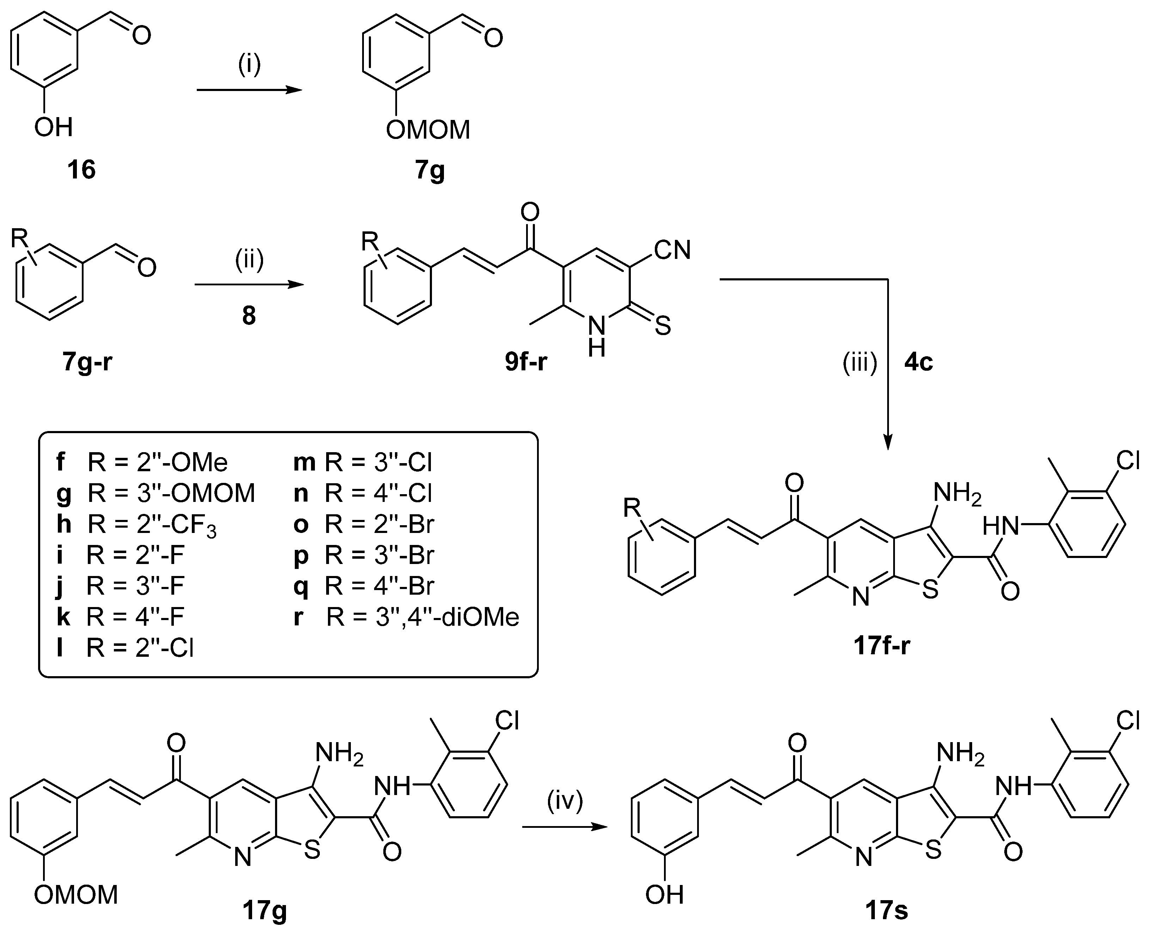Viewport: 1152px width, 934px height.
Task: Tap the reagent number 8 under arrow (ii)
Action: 249,316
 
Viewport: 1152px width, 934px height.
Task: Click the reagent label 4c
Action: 919,363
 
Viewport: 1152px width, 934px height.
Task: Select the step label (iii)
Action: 859,363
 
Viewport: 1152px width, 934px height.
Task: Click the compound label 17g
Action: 264,910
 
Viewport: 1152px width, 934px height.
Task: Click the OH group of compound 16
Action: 53,128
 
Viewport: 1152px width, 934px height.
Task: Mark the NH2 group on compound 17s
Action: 961,752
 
